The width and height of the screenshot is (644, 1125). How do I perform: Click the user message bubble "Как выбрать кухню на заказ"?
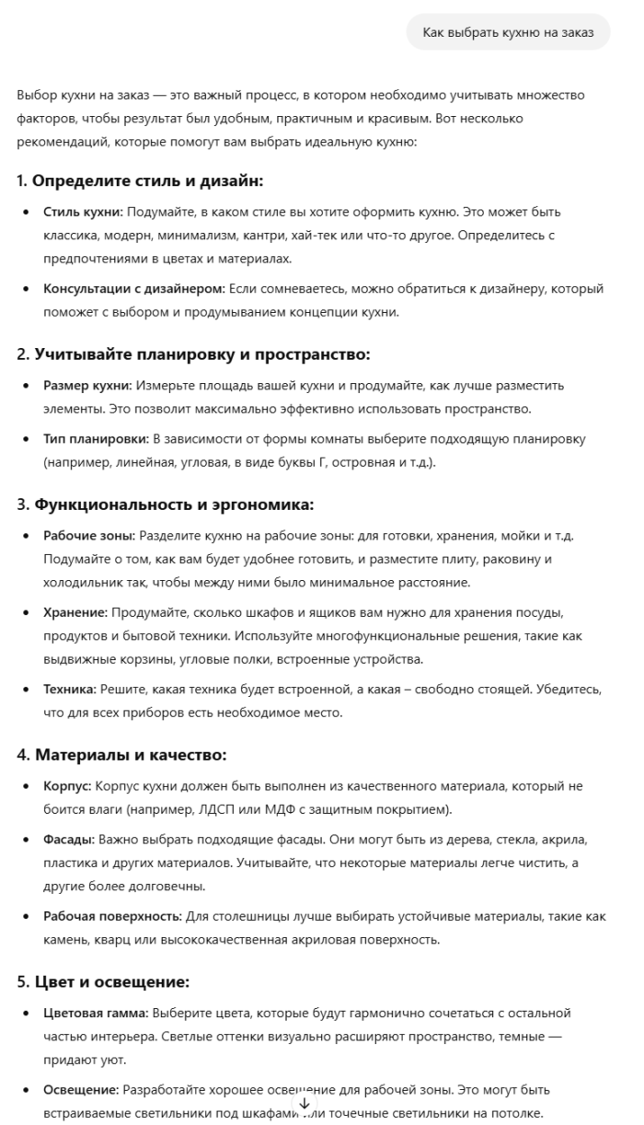(508, 32)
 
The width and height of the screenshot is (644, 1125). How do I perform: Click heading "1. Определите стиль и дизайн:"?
(140, 180)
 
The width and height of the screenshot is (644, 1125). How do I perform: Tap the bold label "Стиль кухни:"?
(83, 212)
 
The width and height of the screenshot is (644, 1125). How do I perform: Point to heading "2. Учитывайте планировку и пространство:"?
(193, 354)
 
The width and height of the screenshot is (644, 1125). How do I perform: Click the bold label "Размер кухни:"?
(87, 385)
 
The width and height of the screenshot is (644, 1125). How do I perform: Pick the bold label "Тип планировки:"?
(97, 439)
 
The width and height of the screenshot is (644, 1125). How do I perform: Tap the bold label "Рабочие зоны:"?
(89, 535)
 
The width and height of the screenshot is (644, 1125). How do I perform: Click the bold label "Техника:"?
(69, 689)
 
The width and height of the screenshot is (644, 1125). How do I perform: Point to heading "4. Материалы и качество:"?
(121, 755)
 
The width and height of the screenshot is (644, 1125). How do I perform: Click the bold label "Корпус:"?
(67, 786)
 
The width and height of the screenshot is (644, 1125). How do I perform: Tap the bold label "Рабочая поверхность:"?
(113, 917)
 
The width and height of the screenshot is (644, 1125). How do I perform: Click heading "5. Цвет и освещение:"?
(103, 981)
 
